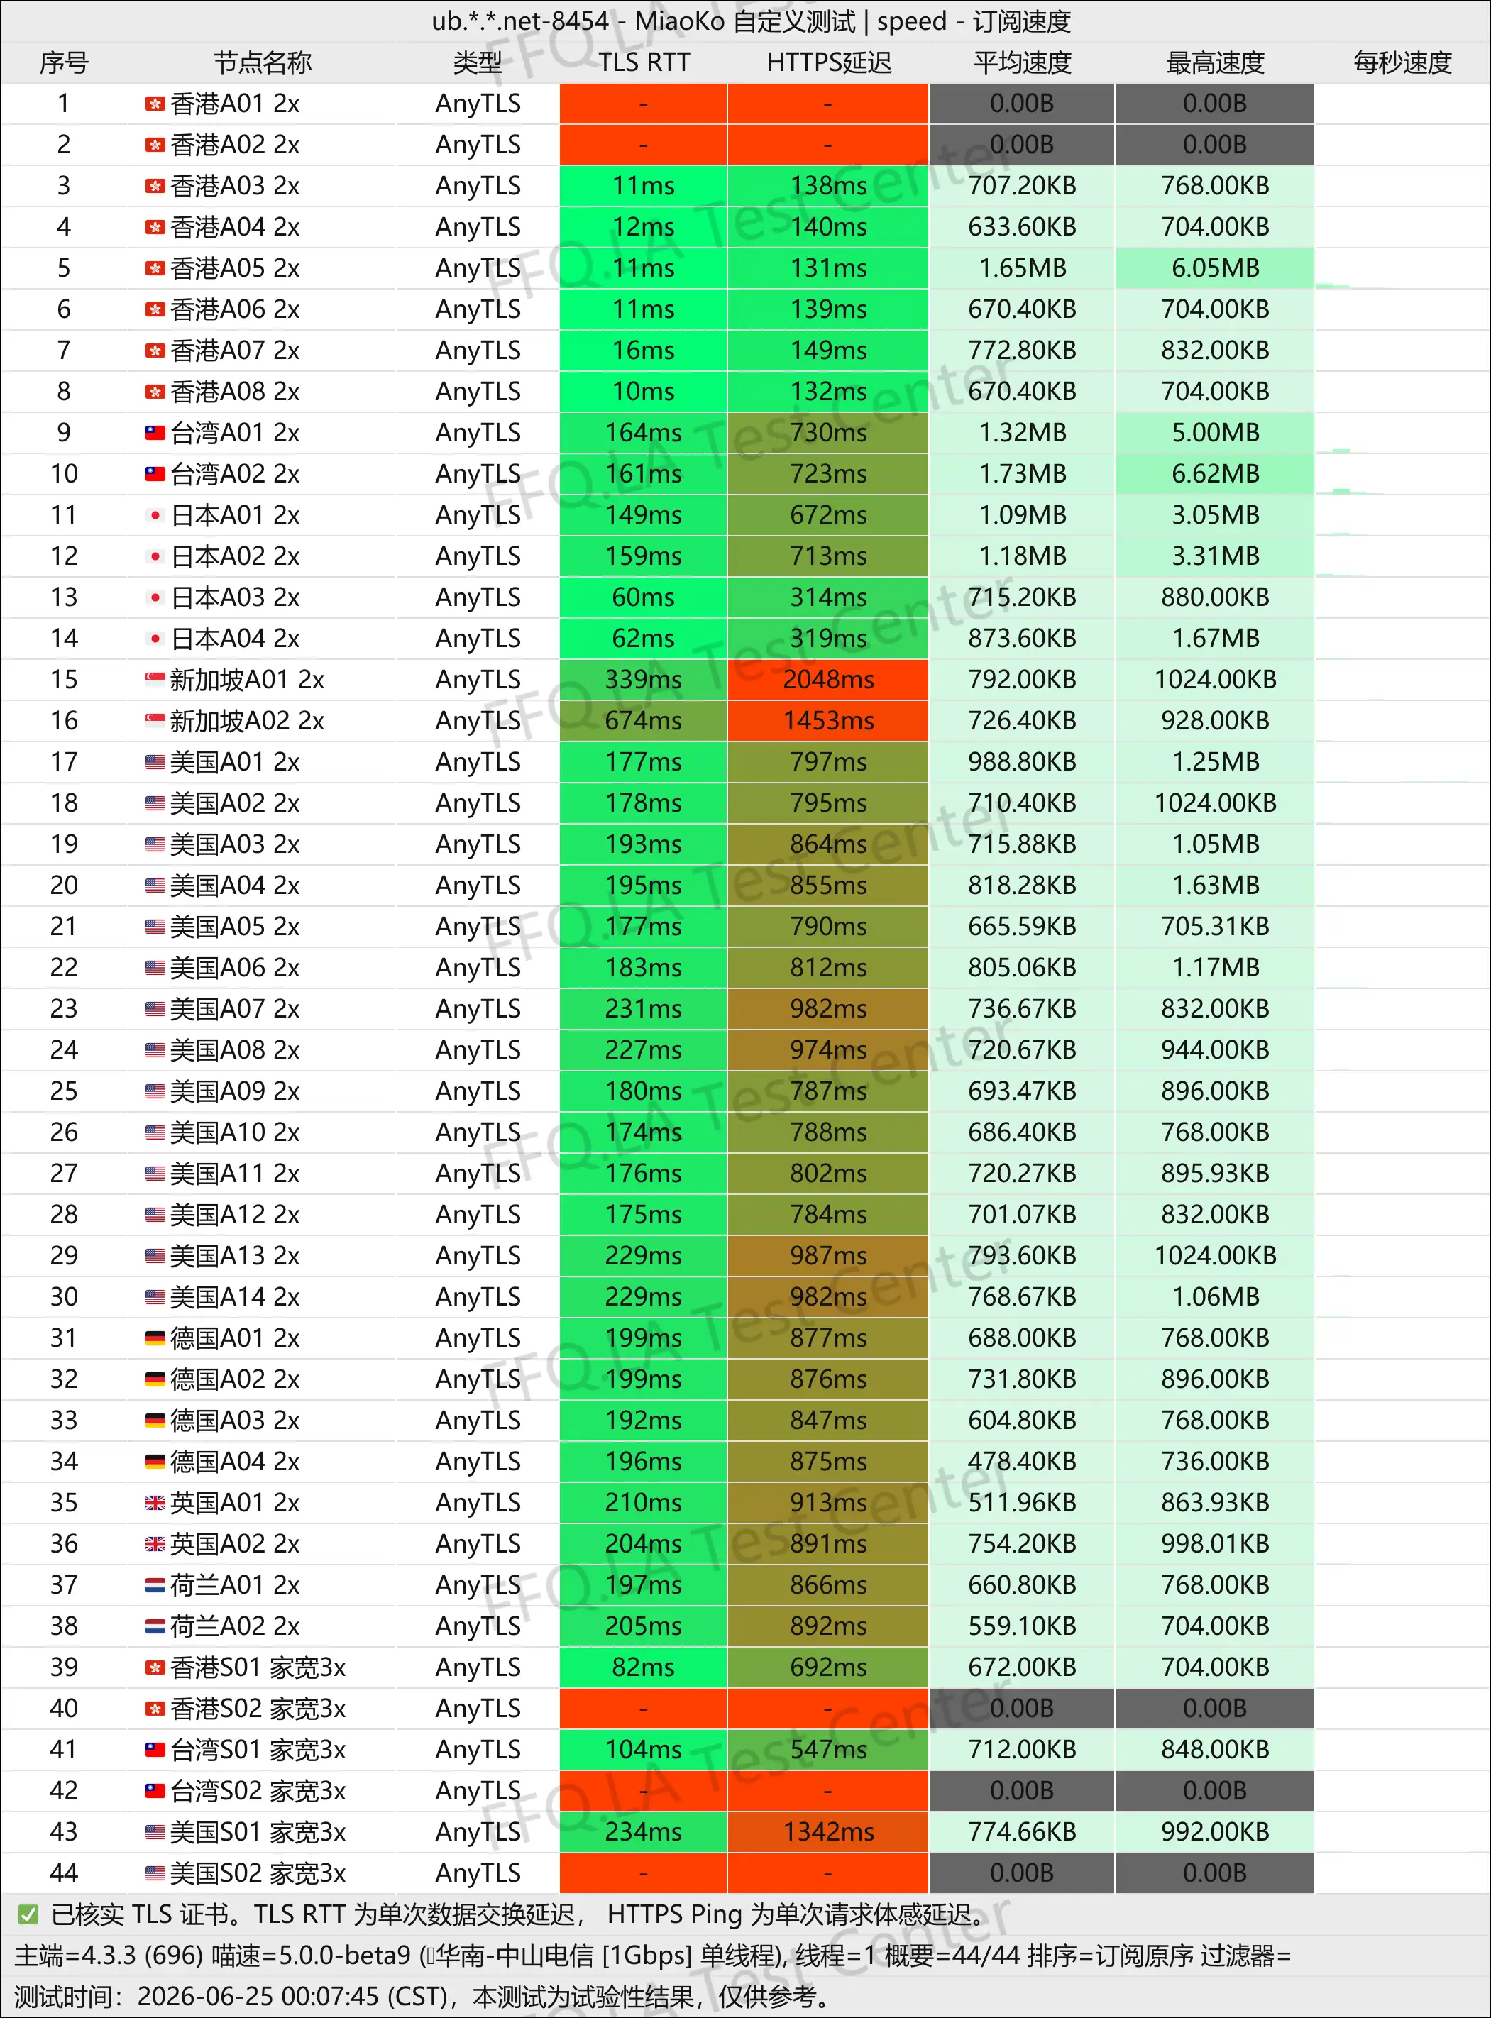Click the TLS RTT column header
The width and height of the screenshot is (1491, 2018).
[644, 62]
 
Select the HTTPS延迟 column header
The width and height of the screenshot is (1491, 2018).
[829, 62]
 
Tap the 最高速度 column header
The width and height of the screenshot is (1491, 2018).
[1215, 62]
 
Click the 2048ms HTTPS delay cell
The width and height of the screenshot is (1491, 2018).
[829, 680]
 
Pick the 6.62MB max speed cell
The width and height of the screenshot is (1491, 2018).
[1215, 474]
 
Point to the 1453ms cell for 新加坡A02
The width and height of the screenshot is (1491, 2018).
[829, 721]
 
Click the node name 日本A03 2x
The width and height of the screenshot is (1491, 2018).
[235, 597]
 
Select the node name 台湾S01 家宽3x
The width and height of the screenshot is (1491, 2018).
[258, 1750]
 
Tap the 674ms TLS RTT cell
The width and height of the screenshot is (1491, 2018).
[644, 721]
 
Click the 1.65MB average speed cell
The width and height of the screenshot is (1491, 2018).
[1023, 268]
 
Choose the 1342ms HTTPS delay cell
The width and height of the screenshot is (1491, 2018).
[829, 1832]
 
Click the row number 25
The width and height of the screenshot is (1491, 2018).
[64, 1091]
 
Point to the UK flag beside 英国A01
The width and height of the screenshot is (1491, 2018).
[155, 1503]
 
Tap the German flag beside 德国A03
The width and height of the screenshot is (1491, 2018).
[155, 1421]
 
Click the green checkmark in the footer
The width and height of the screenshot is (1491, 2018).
[28, 1914]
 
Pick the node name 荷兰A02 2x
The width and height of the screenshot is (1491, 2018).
[235, 1626]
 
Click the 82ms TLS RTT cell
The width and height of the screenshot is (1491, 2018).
[644, 1667]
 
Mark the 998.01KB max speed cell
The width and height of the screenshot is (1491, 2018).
[1215, 1544]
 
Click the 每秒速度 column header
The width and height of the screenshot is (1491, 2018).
[1402, 62]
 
